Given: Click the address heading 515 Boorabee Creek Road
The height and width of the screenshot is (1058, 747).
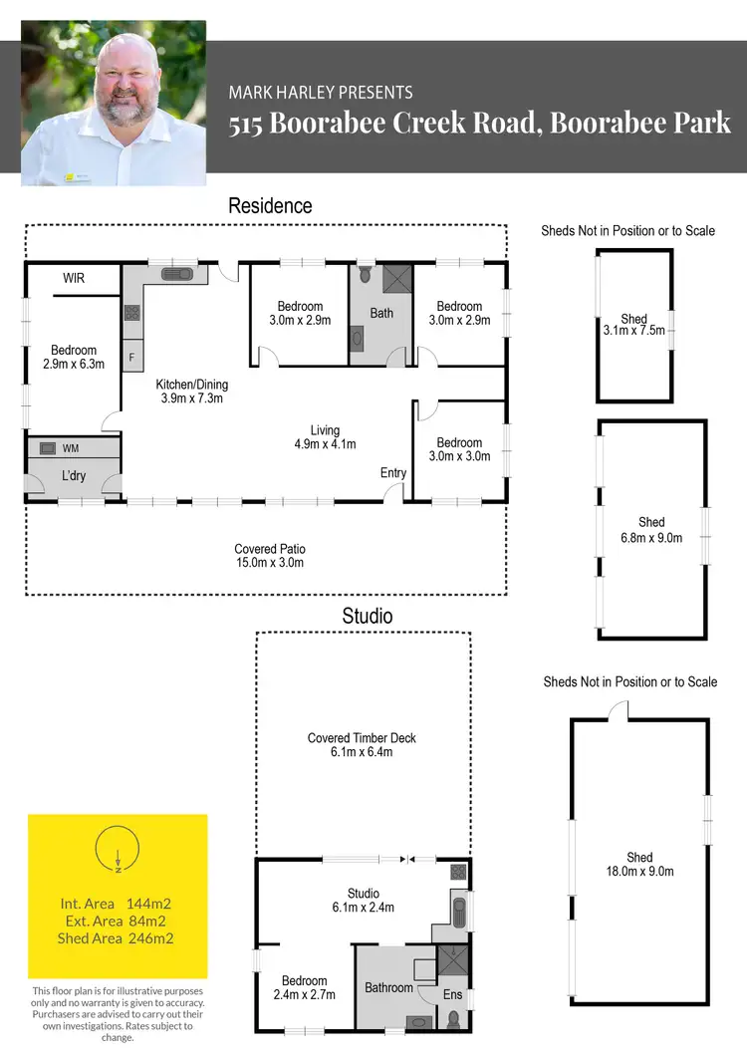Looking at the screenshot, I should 480,125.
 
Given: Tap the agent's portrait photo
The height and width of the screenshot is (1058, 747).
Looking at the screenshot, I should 114,103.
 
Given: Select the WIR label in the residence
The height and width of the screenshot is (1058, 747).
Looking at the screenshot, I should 74,278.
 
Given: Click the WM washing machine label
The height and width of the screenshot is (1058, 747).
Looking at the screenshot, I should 71,449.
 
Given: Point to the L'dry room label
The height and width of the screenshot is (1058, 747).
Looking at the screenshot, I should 74,476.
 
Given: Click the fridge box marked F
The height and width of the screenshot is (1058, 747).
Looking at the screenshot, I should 132,356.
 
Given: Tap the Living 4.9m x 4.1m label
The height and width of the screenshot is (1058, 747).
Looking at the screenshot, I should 326,437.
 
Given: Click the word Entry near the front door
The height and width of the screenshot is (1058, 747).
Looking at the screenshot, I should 393,473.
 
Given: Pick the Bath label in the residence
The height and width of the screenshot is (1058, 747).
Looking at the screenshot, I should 381,313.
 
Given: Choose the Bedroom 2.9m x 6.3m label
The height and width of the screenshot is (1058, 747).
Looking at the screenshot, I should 74,357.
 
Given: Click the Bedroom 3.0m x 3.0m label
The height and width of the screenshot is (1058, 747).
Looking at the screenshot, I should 459,449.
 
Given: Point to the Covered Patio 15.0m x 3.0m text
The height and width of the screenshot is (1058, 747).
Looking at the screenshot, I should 270,556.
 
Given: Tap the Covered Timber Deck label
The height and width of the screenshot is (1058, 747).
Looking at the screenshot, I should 362,745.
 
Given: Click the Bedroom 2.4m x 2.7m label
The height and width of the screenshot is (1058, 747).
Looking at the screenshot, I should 304,987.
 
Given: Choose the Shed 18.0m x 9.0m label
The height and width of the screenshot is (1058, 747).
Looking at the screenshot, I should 639,864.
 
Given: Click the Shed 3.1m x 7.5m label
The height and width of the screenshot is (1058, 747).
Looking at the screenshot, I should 633,326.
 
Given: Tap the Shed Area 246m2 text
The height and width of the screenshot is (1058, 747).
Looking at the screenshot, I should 118,938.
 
